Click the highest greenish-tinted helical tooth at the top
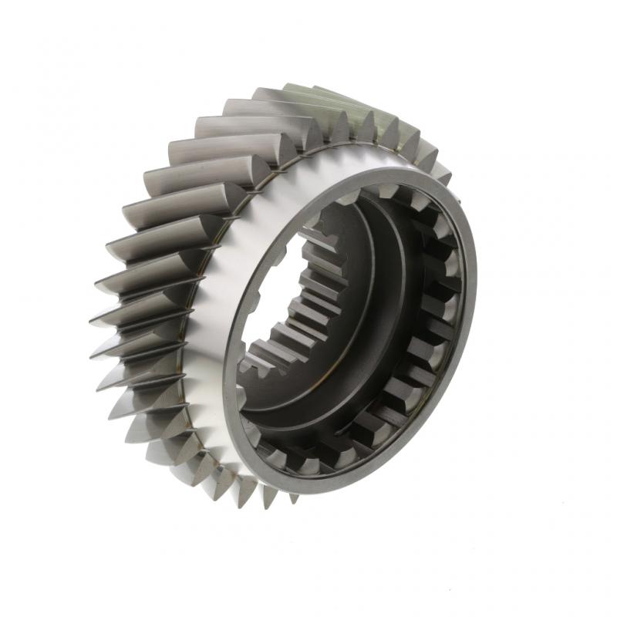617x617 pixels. coord(308,93)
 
